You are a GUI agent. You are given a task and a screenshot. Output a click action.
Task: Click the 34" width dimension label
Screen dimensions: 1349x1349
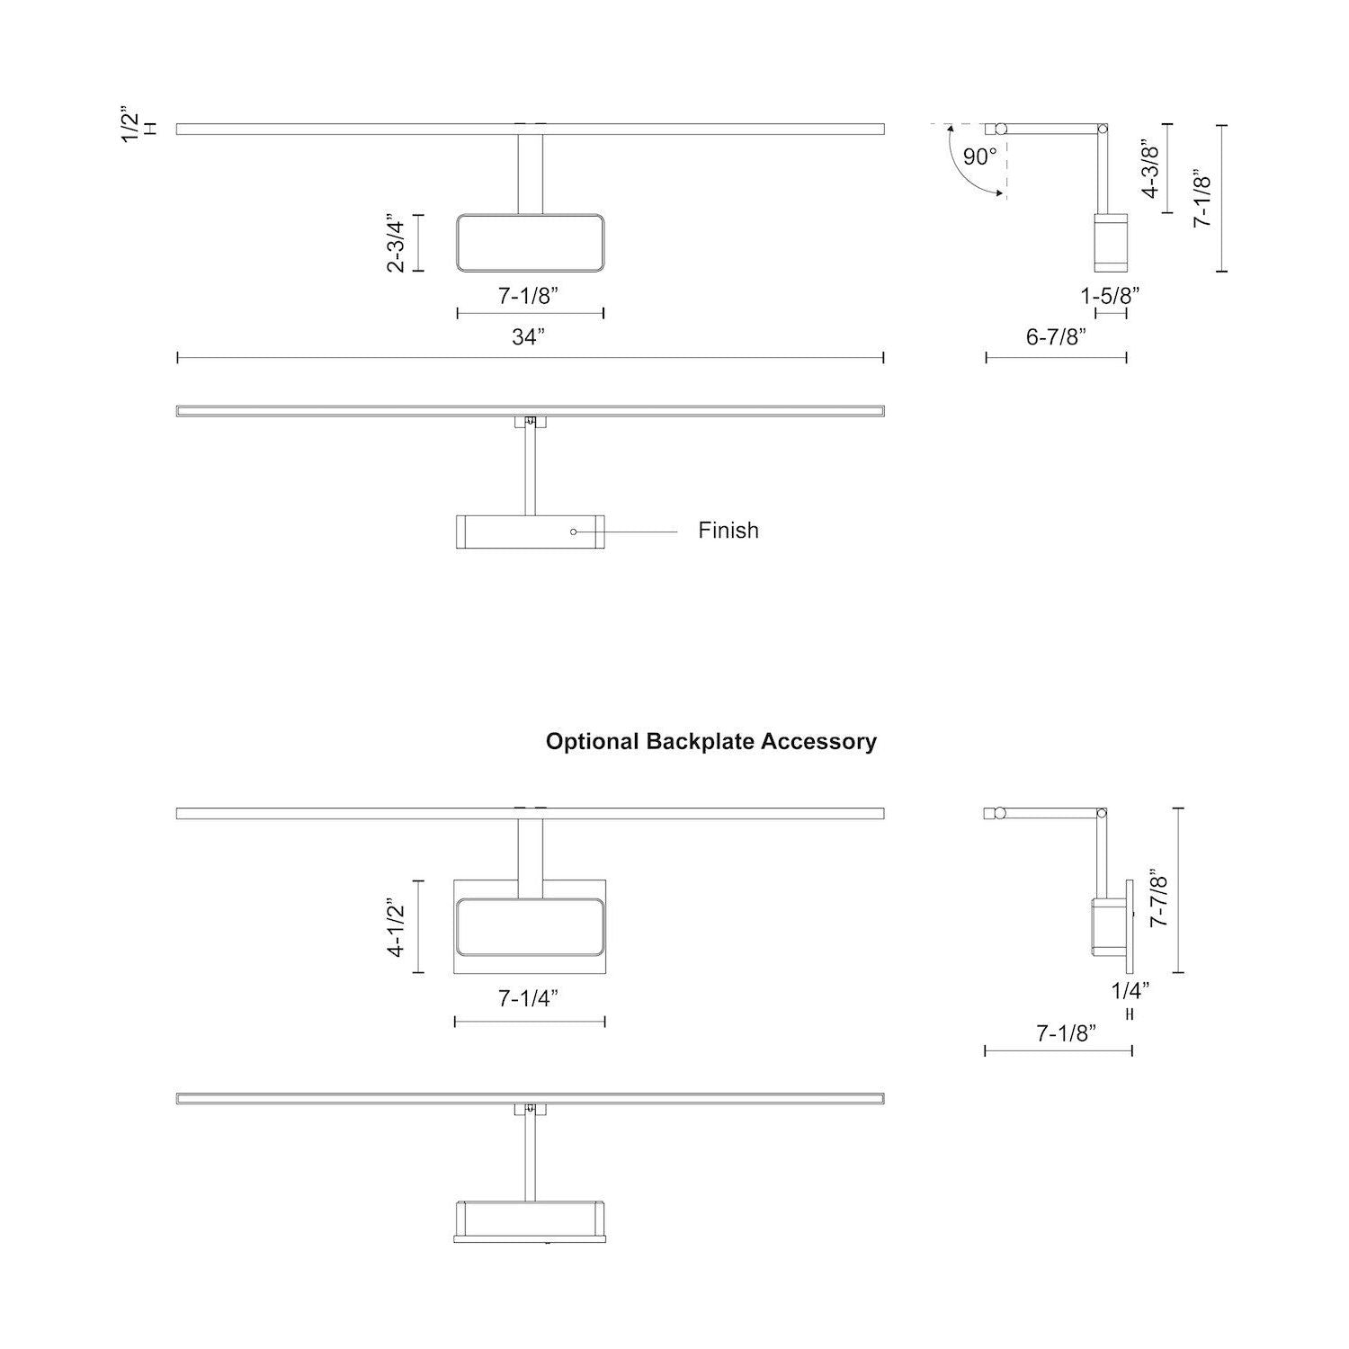tap(529, 337)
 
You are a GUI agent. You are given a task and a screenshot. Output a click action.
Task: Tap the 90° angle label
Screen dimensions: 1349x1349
tap(979, 156)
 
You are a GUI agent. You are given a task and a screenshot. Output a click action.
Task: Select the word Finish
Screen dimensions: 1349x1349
tap(728, 531)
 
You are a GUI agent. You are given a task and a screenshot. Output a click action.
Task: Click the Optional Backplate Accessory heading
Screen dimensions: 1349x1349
tap(710, 742)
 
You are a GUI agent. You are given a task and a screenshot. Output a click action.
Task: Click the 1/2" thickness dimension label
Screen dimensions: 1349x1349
tap(131, 127)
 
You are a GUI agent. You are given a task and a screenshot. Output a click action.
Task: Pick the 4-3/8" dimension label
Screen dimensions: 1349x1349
tap(1151, 168)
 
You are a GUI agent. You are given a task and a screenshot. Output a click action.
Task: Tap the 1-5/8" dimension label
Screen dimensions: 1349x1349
tap(1111, 294)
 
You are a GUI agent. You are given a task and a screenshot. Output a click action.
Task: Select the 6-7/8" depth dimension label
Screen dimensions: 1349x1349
tap(1057, 337)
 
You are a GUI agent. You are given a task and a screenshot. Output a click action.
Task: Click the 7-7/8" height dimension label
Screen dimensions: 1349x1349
tap(1159, 901)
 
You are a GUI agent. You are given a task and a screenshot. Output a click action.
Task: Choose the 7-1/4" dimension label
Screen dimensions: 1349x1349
tap(529, 998)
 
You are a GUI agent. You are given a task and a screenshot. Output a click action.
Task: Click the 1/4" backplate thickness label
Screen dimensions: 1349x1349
tap(1130, 991)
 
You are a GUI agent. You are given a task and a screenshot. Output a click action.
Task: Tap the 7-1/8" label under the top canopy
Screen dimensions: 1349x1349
tap(529, 296)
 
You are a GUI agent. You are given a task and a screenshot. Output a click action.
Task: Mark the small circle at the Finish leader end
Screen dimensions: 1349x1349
tap(573, 532)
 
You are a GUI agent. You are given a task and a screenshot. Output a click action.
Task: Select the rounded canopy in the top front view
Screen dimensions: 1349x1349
tap(530, 243)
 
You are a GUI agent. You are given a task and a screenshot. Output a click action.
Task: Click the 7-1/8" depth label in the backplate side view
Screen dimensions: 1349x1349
tap(1067, 1034)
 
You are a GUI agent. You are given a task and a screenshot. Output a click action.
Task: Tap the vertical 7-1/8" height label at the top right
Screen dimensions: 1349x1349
tap(1202, 199)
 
